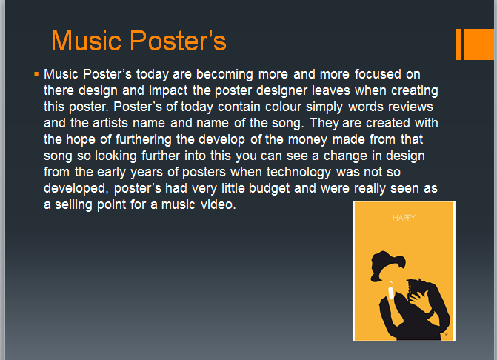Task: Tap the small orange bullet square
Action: (36, 74)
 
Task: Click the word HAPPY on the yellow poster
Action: (404, 218)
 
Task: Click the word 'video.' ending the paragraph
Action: (219, 205)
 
